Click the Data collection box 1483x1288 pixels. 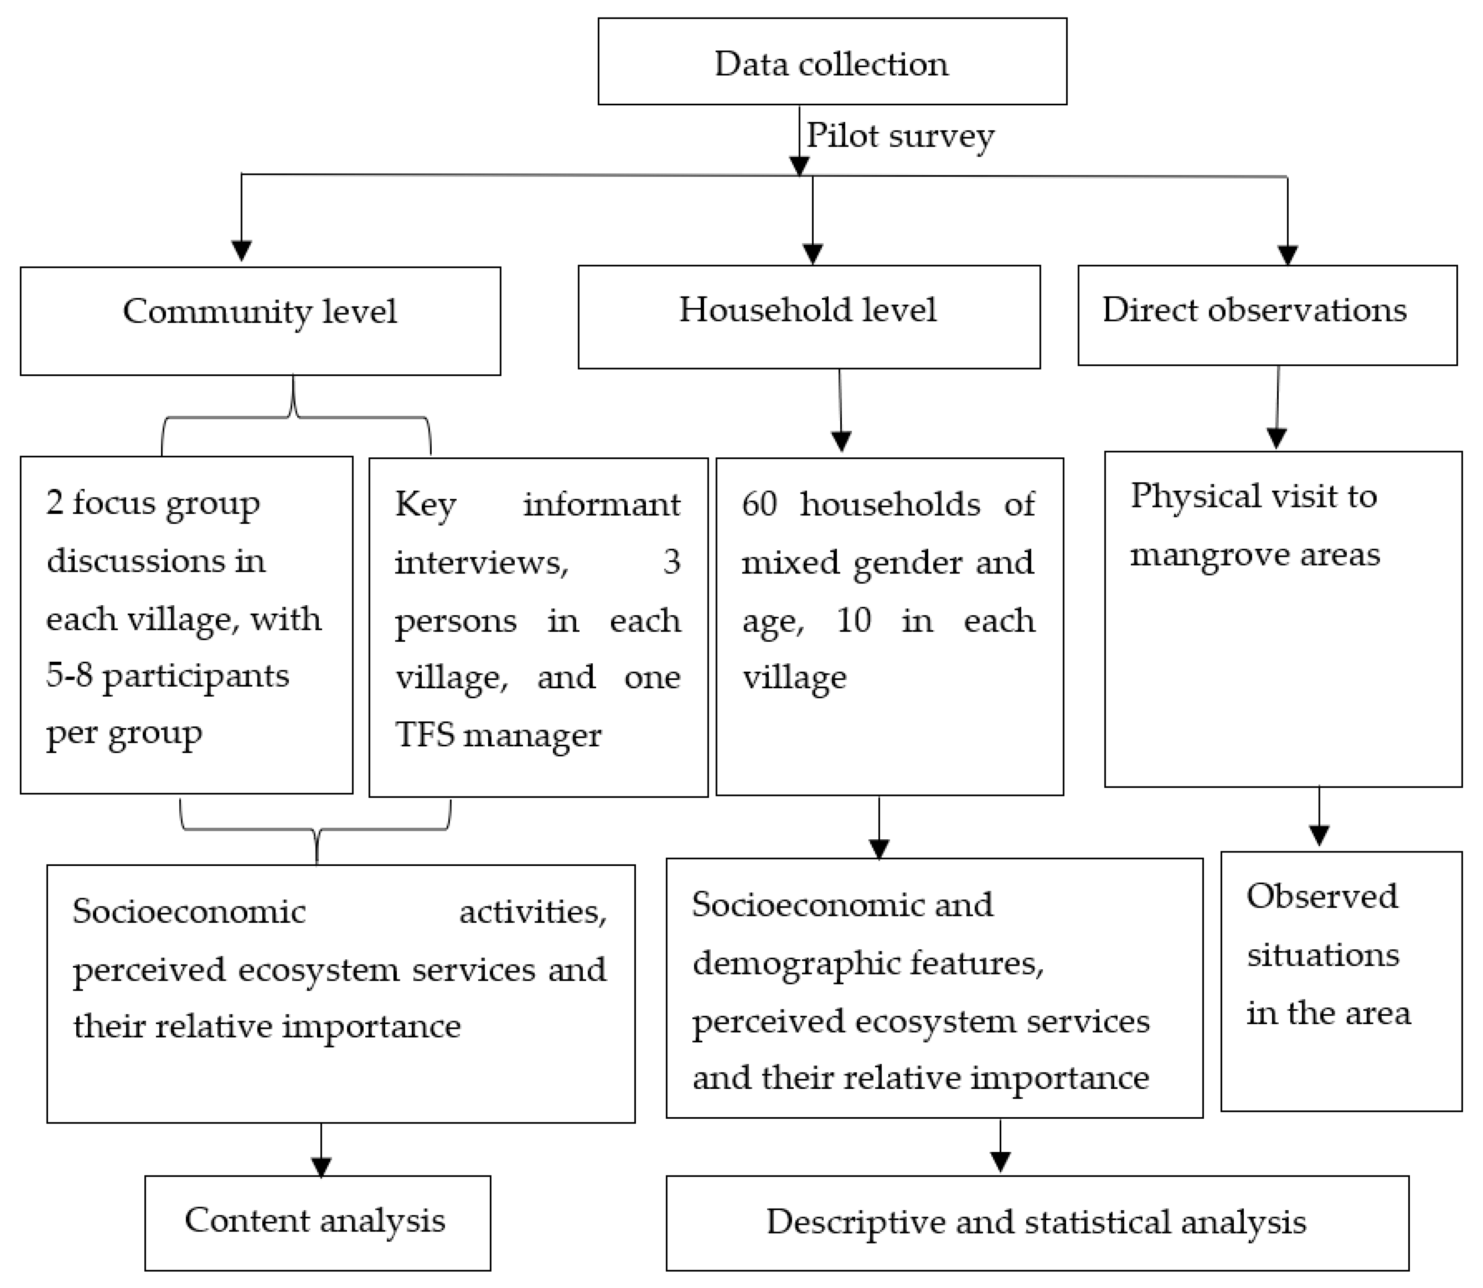(832, 62)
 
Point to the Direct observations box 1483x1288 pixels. (1267, 315)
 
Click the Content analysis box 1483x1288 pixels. (317, 1222)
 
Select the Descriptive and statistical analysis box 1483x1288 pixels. (1037, 1222)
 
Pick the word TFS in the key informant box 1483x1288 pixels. (424, 734)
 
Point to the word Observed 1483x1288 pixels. (1321, 896)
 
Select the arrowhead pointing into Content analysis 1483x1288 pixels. (321, 1166)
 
